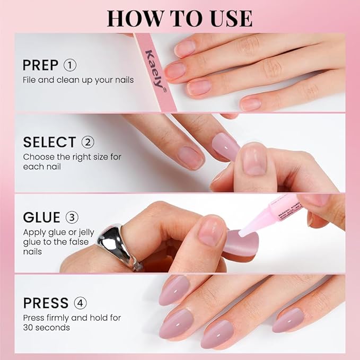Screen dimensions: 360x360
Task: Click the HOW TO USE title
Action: (179, 17)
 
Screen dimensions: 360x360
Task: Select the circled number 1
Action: (70, 65)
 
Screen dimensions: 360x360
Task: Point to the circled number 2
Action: (87, 142)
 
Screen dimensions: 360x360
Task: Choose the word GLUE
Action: (42, 218)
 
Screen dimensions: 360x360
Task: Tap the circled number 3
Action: (72, 218)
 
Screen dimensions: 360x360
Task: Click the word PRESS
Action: (46, 303)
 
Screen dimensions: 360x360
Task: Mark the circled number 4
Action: (80, 303)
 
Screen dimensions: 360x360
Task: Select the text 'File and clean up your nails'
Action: (78, 80)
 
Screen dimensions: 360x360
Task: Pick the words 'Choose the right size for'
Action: (72, 157)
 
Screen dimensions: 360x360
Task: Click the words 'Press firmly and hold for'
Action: (72, 318)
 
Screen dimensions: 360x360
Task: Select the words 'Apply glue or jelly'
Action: (62, 232)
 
